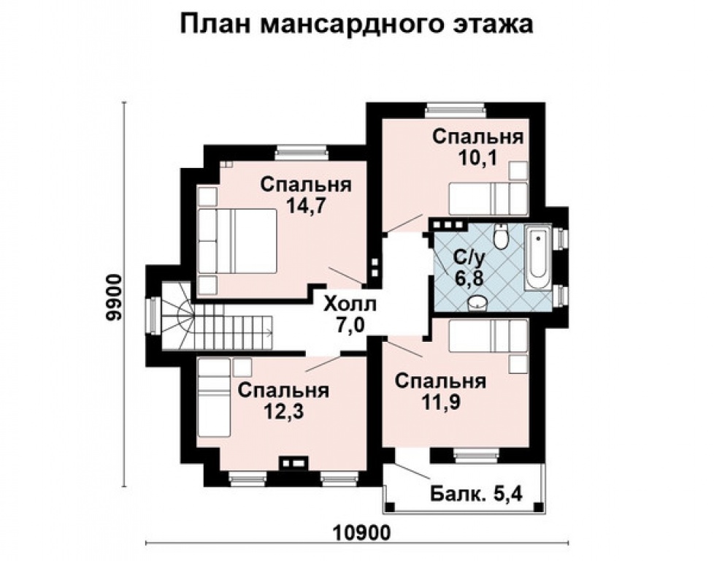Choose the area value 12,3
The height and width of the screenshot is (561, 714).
click(x=283, y=411)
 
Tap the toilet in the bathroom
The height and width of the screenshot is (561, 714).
click(x=501, y=237)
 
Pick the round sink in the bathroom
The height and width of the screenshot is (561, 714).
click(x=478, y=301)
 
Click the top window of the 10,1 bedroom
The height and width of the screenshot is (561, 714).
click(x=456, y=110)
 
